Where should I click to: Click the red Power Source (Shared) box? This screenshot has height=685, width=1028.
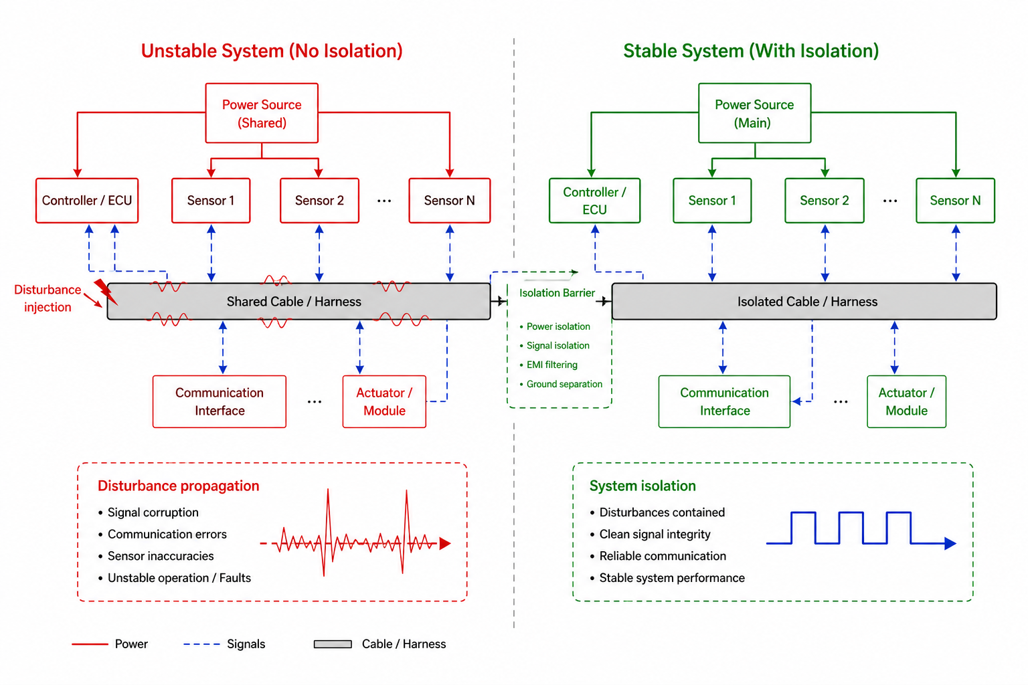[x=262, y=113]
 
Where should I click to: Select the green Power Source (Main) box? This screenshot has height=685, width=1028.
[x=754, y=113]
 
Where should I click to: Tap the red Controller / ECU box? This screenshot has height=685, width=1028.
[x=87, y=201]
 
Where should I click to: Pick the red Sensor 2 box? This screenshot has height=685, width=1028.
[x=319, y=201]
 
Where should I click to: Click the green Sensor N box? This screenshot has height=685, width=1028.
[x=955, y=201]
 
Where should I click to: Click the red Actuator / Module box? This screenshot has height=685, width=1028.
[x=384, y=401]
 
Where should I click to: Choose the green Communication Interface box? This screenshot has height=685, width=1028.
[x=724, y=401]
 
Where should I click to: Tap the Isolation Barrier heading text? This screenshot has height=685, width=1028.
[x=557, y=293]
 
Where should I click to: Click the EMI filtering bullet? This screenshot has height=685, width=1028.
[x=551, y=365]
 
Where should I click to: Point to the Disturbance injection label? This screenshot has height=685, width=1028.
[x=48, y=298]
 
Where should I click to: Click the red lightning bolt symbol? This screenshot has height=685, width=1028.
[x=104, y=291]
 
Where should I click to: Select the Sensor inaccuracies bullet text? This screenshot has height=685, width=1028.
[x=161, y=556]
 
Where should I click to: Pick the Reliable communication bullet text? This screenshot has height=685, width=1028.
[x=663, y=556]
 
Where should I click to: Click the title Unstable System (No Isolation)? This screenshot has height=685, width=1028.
[x=272, y=51]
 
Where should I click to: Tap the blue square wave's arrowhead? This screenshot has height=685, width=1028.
[x=950, y=543]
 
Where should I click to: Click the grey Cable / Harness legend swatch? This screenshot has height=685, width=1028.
[x=333, y=644]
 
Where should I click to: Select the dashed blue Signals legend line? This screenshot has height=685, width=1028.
[x=201, y=644]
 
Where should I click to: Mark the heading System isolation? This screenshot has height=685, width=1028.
[x=642, y=486]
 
